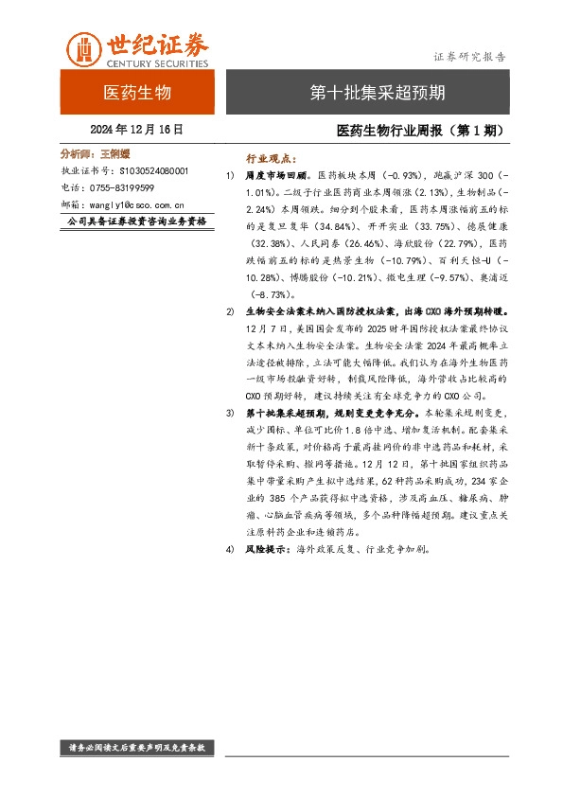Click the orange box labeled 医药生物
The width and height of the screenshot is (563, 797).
(136, 93)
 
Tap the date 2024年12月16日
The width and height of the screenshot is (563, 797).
(136, 129)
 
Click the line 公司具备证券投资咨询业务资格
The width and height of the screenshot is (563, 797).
(138, 221)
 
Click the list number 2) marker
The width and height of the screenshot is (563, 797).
(231, 310)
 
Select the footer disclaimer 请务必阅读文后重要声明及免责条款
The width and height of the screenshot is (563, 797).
(138, 748)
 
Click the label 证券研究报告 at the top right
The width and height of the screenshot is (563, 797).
(469, 56)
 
